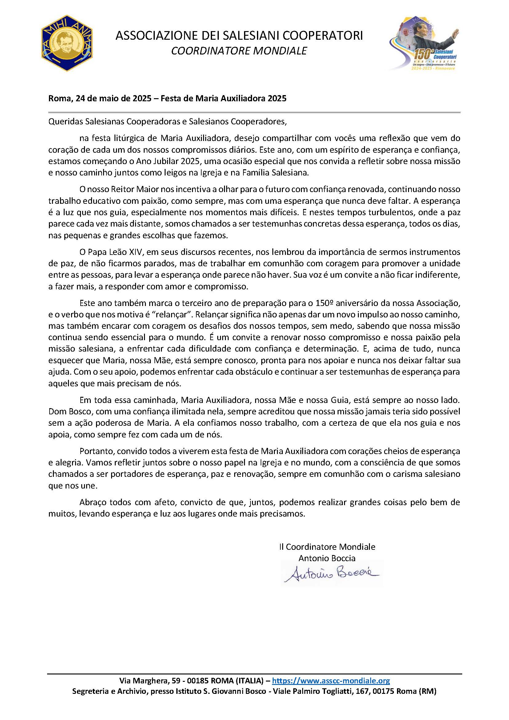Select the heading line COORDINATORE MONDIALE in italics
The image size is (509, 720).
point(239,51)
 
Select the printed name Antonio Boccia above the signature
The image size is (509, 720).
point(327,557)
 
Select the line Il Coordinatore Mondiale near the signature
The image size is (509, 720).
point(327,546)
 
